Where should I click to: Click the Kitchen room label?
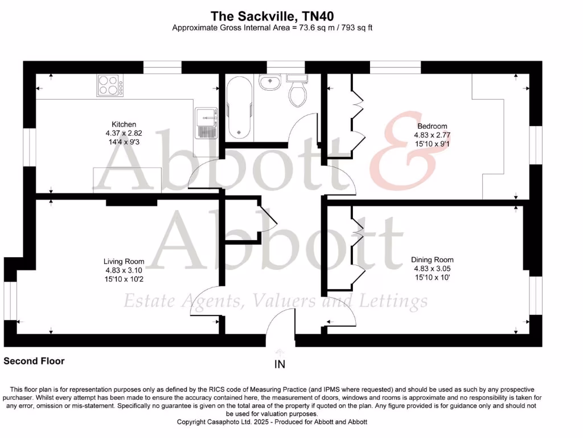pyautogui.click(x=124, y=124)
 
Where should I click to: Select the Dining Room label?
pyautogui.click(x=432, y=259)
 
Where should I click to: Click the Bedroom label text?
pyautogui.click(x=432, y=126)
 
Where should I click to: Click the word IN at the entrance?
pyautogui.click(x=280, y=364)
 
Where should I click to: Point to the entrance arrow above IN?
pyautogui.click(x=280, y=352)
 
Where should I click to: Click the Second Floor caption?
pyautogui.click(x=34, y=361)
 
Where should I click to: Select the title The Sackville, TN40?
pyautogui.click(x=272, y=15)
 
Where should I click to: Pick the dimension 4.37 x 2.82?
pyautogui.click(x=124, y=133)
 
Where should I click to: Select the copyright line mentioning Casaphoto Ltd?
pyautogui.click(x=272, y=422)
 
